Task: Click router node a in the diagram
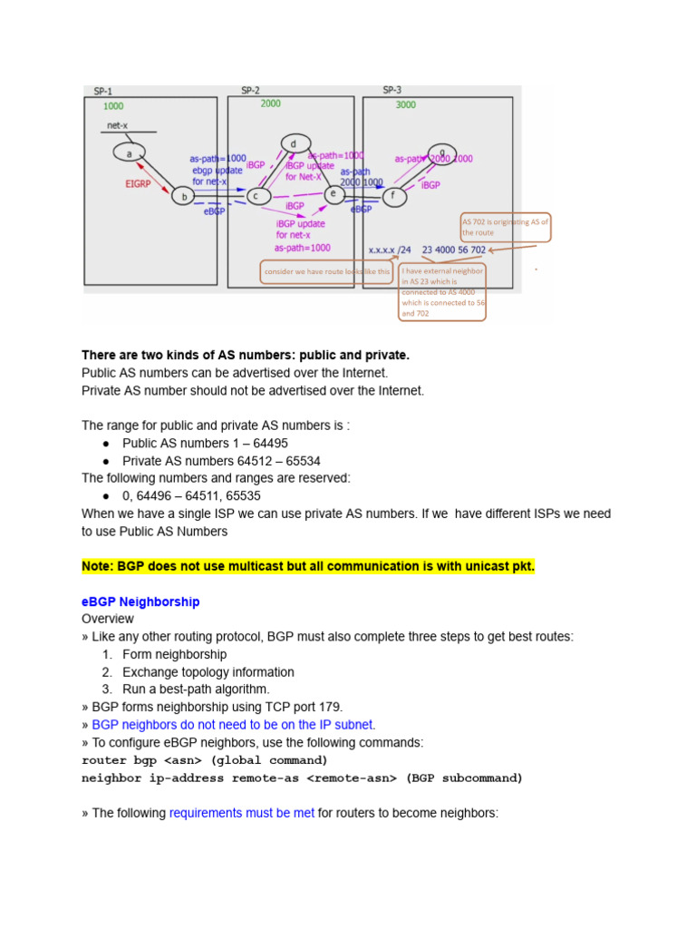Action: click(x=129, y=153)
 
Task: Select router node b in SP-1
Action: click(x=185, y=196)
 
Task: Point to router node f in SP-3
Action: click(x=392, y=194)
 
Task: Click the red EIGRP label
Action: click(x=141, y=183)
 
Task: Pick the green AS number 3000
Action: click(x=406, y=104)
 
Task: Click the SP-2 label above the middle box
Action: click(x=251, y=90)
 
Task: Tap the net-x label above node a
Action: click(x=118, y=126)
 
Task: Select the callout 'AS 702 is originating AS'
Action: click(x=505, y=227)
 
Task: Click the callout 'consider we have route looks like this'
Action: click(x=327, y=271)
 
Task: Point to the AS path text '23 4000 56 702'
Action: click(x=454, y=249)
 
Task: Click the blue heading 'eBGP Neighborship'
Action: click(x=140, y=601)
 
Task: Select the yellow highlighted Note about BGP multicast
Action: click(x=308, y=567)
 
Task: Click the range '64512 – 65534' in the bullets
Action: click(x=278, y=461)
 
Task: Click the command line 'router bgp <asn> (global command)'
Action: click(x=205, y=760)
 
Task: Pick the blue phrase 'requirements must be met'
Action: click(x=241, y=813)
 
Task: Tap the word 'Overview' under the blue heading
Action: click(x=108, y=619)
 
